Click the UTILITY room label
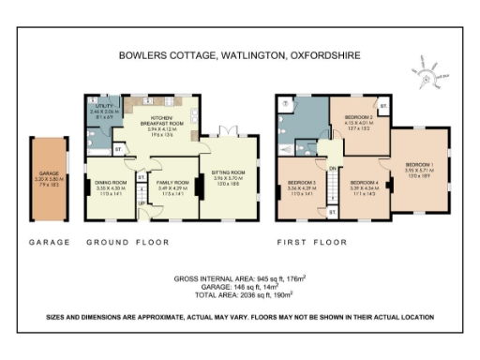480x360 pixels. (x=102, y=112)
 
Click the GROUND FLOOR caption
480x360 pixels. (x=127, y=243)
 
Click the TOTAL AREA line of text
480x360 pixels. (x=239, y=294)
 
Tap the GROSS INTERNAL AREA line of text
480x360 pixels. (x=239, y=279)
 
